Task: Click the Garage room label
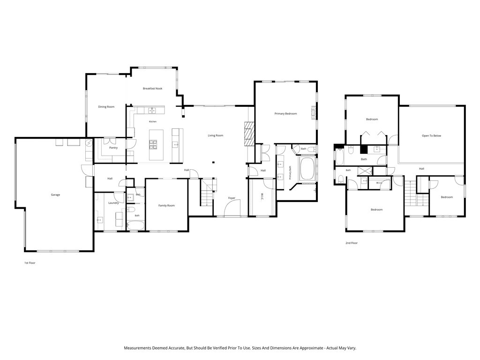click(55, 195)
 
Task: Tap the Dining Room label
click(106, 107)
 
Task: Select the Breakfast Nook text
click(152, 89)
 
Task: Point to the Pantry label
click(113, 148)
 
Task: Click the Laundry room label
click(113, 203)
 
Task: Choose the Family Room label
click(166, 205)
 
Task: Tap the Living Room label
click(216, 135)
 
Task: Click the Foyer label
click(232, 198)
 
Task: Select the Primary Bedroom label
click(285, 113)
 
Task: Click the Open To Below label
click(432, 135)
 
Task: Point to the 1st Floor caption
click(30, 263)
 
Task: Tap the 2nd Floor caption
click(352, 243)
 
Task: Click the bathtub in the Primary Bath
click(307, 169)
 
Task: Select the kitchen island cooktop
click(153, 144)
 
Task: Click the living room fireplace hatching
click(249, 134)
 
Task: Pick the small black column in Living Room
click(213, 162)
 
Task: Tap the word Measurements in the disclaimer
click(137, 348)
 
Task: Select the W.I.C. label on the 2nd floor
click(379, 183)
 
